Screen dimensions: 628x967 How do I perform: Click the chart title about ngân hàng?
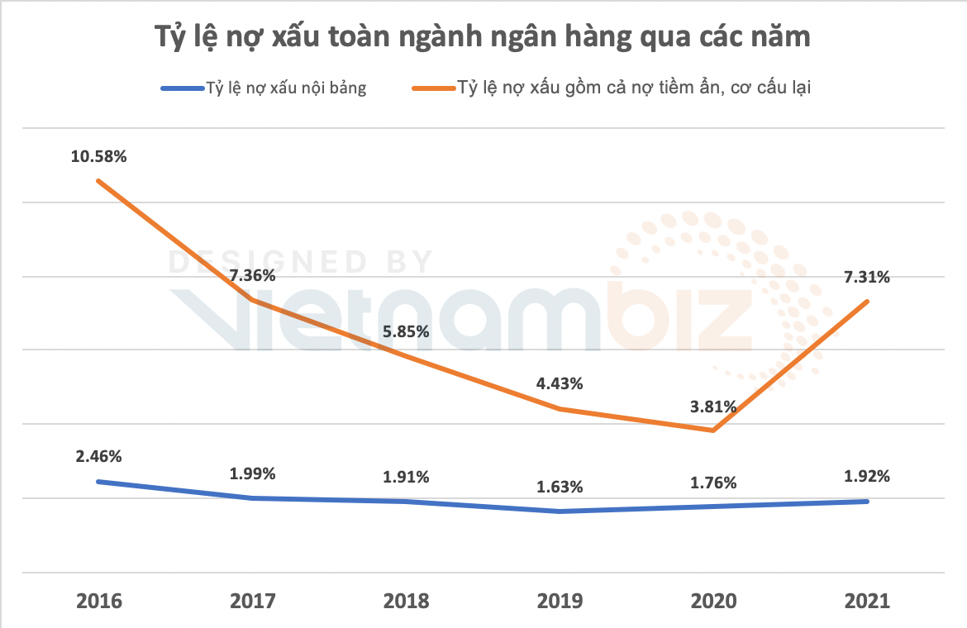(x=483, y=37)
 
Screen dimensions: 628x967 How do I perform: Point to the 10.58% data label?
(x=98, y=156)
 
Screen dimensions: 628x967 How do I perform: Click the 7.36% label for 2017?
(x=253, y=276)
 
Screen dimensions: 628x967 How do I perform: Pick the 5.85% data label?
(x=406, y=331)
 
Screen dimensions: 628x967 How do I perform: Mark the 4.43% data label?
(x=560, y=383)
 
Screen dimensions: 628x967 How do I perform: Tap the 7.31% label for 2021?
(x=867, y=278)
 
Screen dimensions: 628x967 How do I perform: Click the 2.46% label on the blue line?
(x=98, y=455)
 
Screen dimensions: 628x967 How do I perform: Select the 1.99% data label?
(x=253, y=473)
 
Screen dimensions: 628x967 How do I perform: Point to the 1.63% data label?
(x=560, y=487)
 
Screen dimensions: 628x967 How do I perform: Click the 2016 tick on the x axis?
(x=98, y=601)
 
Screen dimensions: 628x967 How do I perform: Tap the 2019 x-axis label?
(x=560, y=601)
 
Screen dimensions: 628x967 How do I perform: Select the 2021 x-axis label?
(x=867, y=601)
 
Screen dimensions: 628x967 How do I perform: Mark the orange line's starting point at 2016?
(x=98, y=180)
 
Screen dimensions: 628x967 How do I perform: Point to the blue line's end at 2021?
(x=867, y=502)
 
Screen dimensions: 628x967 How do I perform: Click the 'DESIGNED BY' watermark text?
(x=301, y=262)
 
